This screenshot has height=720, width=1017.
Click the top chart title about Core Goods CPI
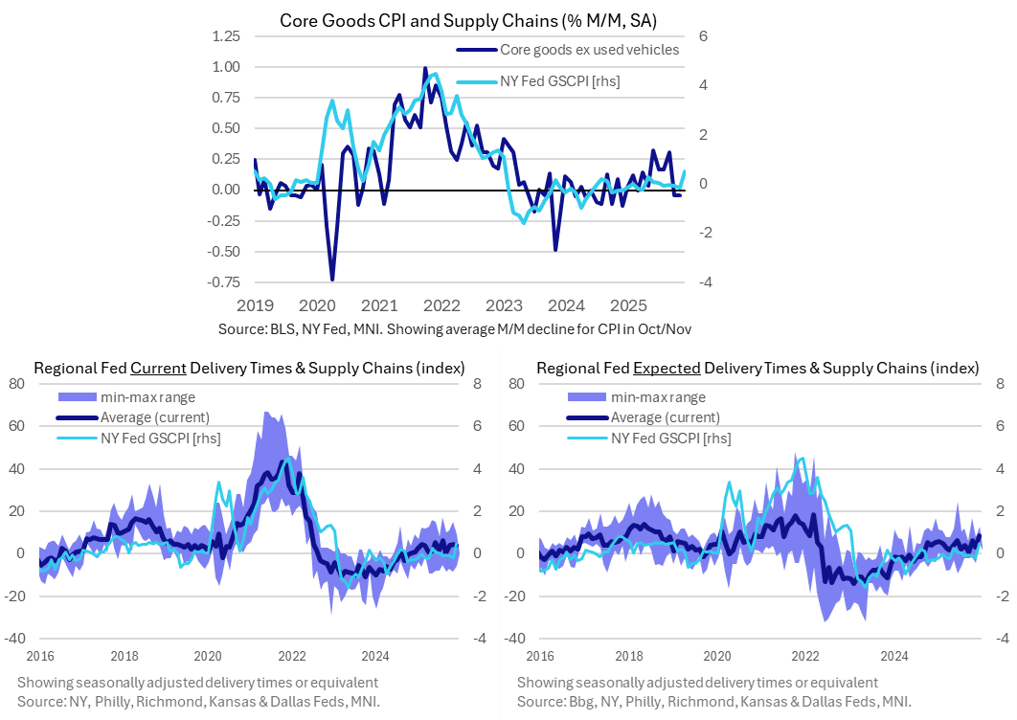click(461, 19)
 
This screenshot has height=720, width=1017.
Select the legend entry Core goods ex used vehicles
click(590, 50)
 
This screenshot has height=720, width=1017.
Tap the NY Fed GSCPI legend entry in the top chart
click(560, 81)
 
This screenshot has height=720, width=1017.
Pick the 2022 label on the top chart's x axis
click(441, 306)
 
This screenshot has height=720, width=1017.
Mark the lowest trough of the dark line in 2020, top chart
click(332, 280)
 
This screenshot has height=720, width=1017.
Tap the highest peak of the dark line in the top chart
click(425, 68)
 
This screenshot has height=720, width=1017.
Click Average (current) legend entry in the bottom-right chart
click(665, 417)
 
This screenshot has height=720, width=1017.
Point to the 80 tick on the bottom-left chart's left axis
click(15, 384)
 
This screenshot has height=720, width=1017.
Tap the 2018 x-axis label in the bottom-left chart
click(124, 656)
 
